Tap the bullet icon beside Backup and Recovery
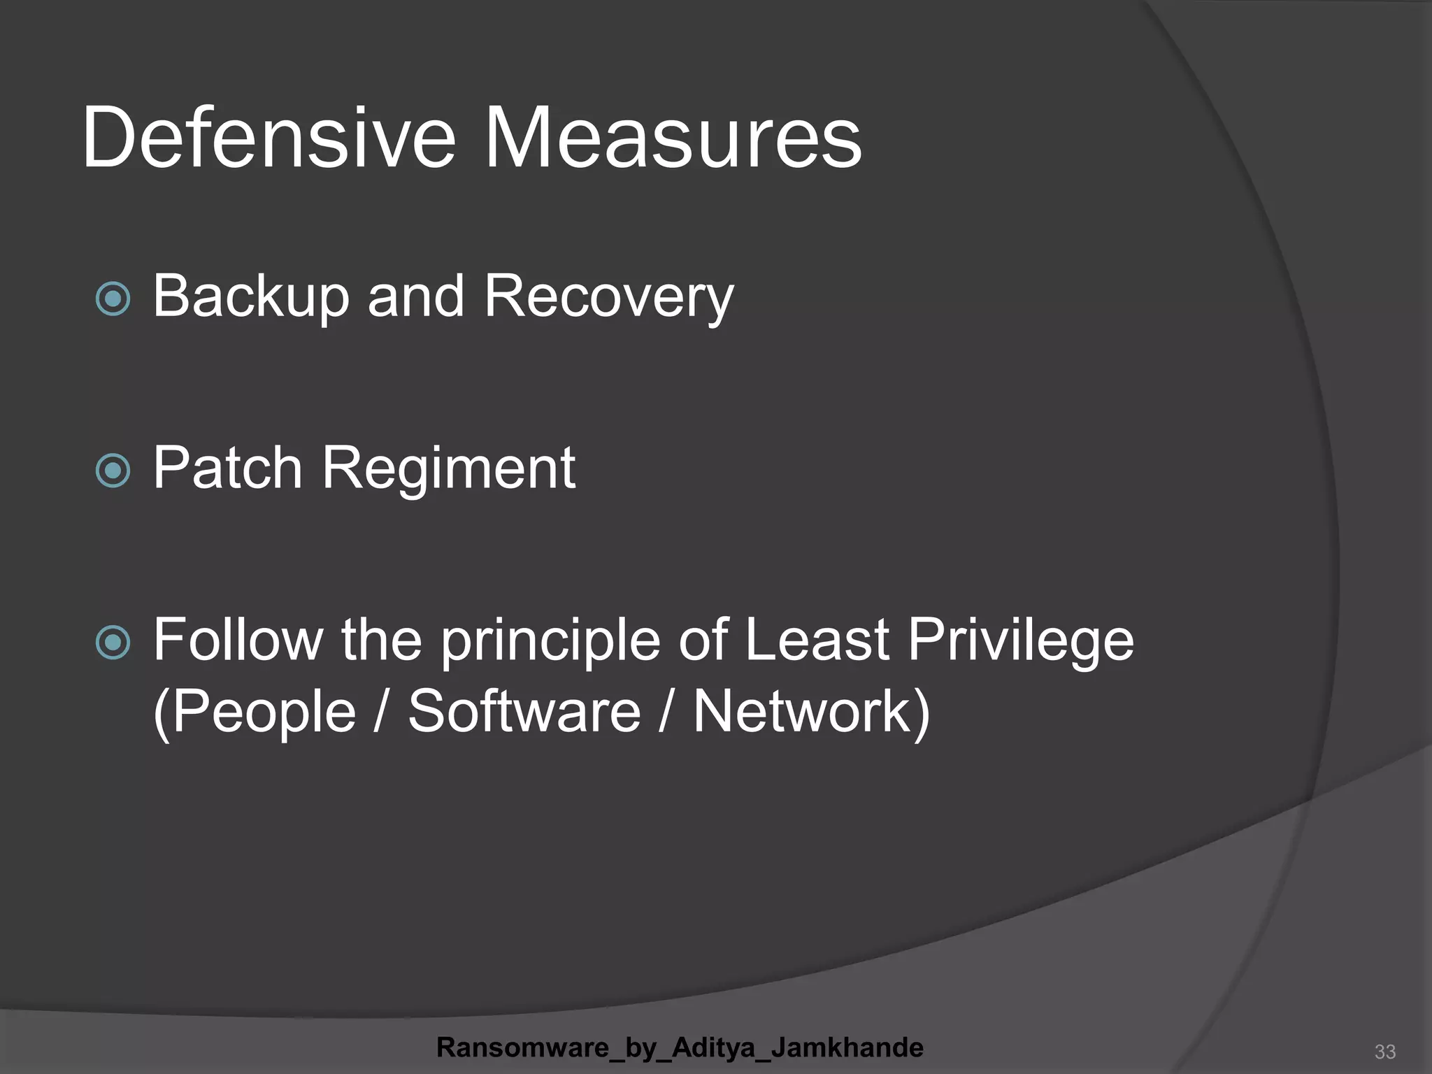click(113, 299)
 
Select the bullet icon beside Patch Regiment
click(113, 470)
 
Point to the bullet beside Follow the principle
click(113, 642)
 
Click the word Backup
click(250, 296)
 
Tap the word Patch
click(227, 467)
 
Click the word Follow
click(238, 639)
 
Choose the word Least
click(816, 639)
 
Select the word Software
click(524, 711)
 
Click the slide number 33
click(1384, 1052)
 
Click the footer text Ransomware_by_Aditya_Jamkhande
click(680, 1047)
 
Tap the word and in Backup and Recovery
click(415, 296)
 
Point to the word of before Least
click(703, 639)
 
